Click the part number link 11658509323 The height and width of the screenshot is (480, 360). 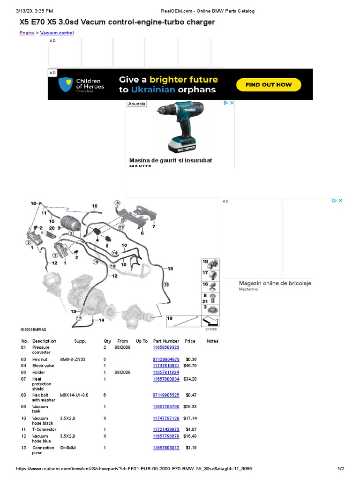(x=166, y=347)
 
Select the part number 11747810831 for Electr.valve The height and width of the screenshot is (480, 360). (x=166, y=365)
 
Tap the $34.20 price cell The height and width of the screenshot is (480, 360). (x=190, y=379)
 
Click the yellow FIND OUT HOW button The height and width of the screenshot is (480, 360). (x=269, y=85)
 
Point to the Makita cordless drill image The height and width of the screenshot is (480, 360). (x=180, y=126)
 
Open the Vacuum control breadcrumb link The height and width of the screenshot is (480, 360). (x=57, y=33)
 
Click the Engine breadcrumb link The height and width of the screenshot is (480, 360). (x=27, y=33)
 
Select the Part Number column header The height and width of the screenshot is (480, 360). (x=166, y=341)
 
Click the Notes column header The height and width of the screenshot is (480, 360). (x=212, y=341)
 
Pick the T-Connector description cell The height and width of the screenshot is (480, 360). (x=44, y=429)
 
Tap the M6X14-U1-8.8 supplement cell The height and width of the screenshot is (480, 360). (x=74, y=395)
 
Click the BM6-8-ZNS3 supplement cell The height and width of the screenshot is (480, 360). (x=73, y=359)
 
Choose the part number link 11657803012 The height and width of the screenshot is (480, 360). (x=166, y=448)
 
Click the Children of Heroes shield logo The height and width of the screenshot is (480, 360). (x=65, y=84)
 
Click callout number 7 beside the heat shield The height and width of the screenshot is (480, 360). (x=153, y=226)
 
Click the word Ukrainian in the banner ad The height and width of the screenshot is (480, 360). (x=153, y=90)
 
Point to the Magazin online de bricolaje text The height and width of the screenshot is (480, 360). (x=275, y=283)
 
